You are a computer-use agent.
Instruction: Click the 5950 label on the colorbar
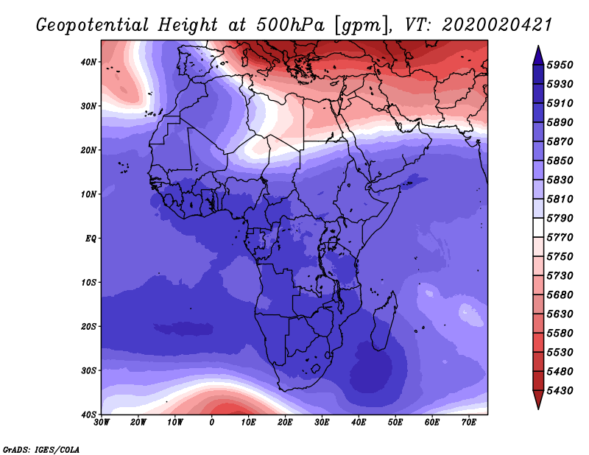560,65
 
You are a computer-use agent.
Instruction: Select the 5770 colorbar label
560,238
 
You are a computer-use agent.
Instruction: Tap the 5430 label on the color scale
560,391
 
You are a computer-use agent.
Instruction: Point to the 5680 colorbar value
560,295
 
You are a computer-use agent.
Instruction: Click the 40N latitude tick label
88,62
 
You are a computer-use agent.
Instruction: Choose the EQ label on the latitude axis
91,239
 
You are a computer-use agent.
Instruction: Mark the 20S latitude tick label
88,326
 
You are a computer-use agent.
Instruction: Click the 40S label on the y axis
88,415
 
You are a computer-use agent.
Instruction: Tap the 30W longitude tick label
102,423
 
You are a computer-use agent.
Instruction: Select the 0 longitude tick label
212,423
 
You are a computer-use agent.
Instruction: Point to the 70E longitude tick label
469,423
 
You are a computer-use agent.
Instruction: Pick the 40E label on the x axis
359,423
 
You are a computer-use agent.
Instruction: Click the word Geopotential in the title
93,25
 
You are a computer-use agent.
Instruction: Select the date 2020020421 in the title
497,25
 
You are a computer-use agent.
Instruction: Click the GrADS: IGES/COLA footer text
41,449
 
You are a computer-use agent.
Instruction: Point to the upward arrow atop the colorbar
538,55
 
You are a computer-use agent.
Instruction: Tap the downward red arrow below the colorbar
538,400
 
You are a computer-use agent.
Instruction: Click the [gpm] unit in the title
362,26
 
